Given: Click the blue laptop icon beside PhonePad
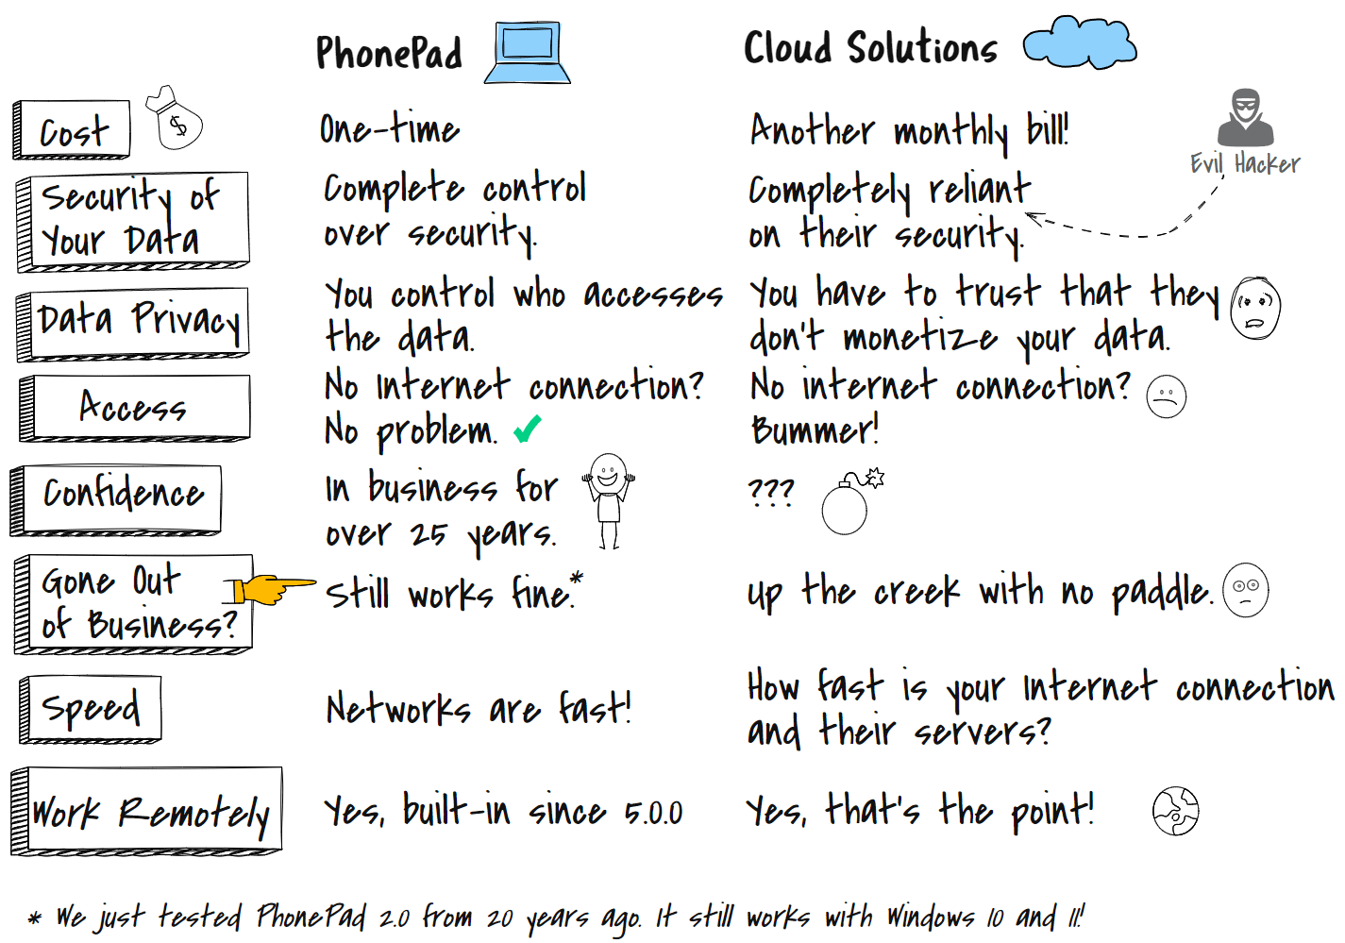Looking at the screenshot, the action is pos(528,52).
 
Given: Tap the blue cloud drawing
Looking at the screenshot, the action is pos(1080,42).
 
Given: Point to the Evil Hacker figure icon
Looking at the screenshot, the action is pos(1245,118).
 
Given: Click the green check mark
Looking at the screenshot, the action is pos(528,429).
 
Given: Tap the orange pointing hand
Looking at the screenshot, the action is pos(270,589).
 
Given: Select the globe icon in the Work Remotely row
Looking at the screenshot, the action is pos(1176,811).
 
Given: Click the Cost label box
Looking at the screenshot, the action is pos(72,129).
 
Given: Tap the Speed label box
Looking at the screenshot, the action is pos(90,710).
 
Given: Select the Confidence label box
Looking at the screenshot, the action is pos(116,499).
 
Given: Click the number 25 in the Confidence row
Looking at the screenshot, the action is pos(429,533).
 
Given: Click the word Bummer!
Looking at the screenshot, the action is pos(815,429).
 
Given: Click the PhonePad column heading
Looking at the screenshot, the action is pos(389,52).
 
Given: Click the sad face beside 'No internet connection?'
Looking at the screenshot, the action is pos(1166,396).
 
